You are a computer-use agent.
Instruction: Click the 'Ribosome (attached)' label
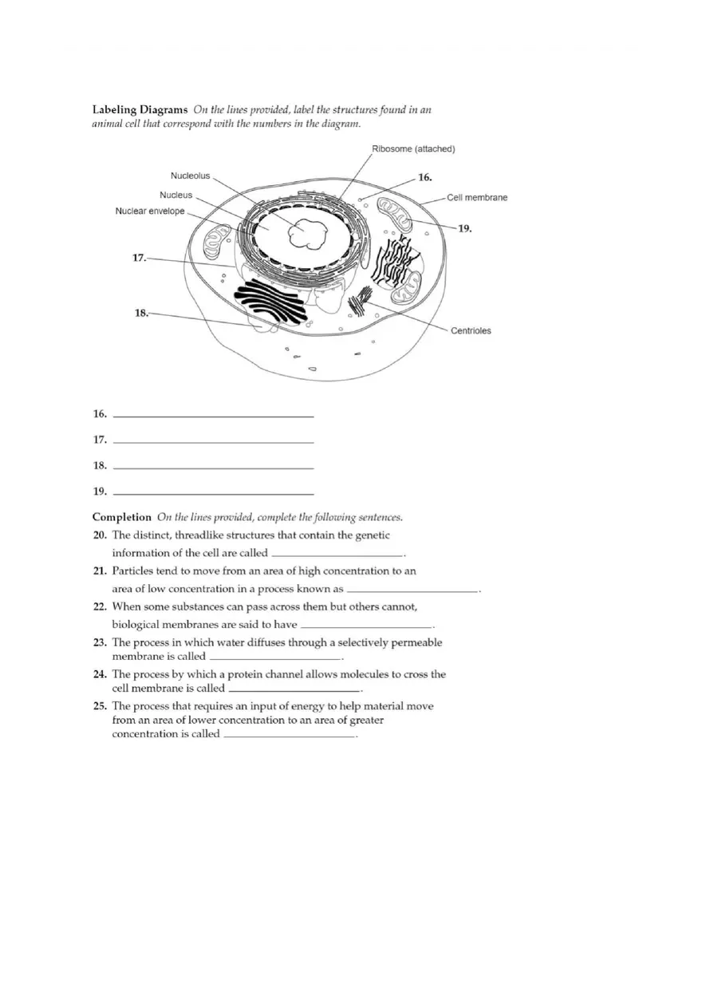click(x=413, y=149)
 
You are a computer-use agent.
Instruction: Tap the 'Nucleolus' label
click(x=190, y=176)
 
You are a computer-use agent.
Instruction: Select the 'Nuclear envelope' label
click(x=150, y=211)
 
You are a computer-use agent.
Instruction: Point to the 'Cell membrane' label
click(x=477, y=197)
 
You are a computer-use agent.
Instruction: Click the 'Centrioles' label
click(x=471, y=330)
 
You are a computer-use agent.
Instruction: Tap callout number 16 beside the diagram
click(x=425, y=177)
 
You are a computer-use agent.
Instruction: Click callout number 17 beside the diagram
click(x=139, y=258)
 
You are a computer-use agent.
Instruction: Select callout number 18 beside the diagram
click(x=141, y=313)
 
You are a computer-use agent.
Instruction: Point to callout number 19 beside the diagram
click(x=464, y=228)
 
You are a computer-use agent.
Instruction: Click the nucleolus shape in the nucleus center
click(x=307, y=233)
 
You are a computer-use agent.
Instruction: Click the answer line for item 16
click(x=214, y=416)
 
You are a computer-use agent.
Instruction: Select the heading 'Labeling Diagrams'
click(x=140, y=109)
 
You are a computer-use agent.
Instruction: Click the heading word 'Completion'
click(x=121, y=517)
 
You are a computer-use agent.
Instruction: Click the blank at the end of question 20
click(x=338, y=554)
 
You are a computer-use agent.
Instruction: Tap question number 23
click(x=100, y=642)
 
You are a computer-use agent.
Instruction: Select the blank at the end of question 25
click(x=289, y=736)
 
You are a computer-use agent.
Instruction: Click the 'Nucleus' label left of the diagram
click(x=175, y=195)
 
